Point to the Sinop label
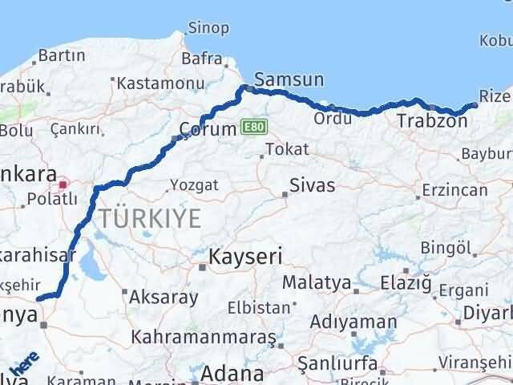coord(208,28)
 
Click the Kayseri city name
coord(245,257)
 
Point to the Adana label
coord(232,373)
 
